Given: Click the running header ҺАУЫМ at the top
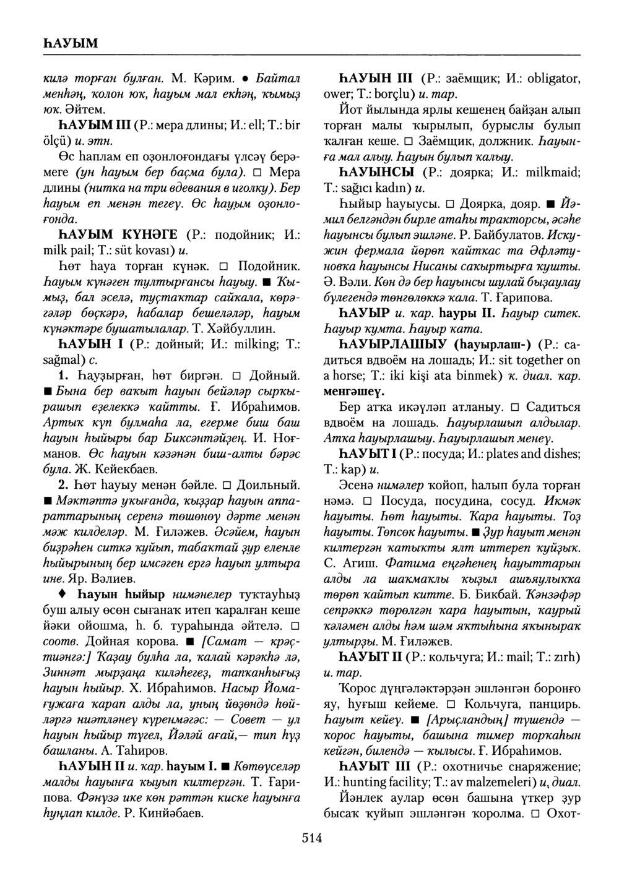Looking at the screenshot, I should tap(69, 43).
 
